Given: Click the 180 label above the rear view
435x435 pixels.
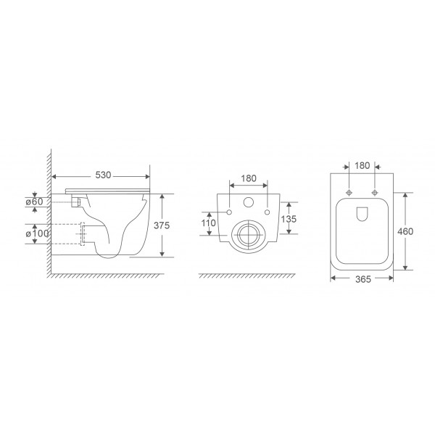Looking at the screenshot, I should tap(248, 176).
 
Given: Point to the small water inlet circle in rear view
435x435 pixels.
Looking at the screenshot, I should tap(248, 203).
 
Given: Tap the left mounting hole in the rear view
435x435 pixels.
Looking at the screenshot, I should tap(229, 212).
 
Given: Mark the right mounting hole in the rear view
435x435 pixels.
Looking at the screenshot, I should tap(267, 212).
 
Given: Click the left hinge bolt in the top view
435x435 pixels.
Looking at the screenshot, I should tap(349, 193).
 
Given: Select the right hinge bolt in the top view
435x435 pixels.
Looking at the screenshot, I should tap(374, 193).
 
